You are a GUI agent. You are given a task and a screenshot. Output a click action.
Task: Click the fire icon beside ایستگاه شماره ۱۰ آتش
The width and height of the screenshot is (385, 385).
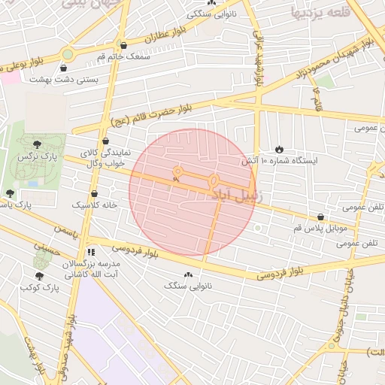click(x=280, y=150)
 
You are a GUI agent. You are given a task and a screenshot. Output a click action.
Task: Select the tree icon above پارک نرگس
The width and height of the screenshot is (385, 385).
click(x=38, y=143)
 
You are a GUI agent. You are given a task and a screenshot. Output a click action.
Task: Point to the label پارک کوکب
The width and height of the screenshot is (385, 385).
click(x=40, y=286)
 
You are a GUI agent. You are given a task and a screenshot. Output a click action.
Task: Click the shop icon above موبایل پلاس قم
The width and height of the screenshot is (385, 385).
click(x=321, y=217)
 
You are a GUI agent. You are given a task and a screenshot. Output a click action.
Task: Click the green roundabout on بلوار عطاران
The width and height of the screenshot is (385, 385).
click(x=68, y=53)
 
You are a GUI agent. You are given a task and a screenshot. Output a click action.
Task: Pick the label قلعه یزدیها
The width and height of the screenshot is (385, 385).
click(x=320, y=11)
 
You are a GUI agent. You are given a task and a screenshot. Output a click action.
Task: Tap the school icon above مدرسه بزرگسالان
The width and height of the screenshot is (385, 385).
click(x=91, y=252)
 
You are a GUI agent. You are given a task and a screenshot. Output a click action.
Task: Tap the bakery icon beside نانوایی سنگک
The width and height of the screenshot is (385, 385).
click(x=188, y=275)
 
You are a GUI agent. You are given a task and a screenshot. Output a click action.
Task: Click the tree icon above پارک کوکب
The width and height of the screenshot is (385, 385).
click(x=39, y=276)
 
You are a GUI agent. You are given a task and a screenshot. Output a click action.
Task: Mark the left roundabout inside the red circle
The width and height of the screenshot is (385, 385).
click(x=178, y=172)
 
